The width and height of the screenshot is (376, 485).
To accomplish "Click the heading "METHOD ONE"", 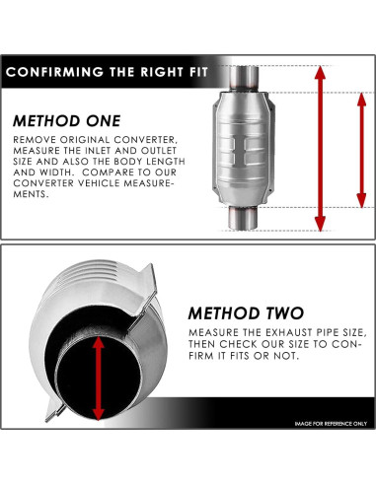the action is tap(67, 121).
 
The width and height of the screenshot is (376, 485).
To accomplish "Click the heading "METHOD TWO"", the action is tap(246, 313).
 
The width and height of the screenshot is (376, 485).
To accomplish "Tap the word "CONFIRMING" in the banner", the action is tap(54, 72).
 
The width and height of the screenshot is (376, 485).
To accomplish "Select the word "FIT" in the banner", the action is tap(198, 72).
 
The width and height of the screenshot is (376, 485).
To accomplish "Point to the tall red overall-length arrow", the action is tap(320, 149).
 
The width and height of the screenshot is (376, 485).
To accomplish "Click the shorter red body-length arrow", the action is tap(361, 150).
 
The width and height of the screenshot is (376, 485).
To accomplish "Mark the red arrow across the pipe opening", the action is tap(98, 379).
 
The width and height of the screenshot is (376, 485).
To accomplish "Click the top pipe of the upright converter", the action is tap(244, 78).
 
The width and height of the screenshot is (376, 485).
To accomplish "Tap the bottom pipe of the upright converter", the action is tap(243, 218).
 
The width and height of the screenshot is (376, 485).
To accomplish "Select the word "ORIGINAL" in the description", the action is tap(85, 140).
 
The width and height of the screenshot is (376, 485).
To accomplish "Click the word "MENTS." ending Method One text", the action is tap(31, 194).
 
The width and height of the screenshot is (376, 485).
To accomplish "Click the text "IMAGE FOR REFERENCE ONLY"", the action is tap(331, 424).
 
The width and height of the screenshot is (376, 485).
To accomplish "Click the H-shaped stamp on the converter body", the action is tap(240, 150).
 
